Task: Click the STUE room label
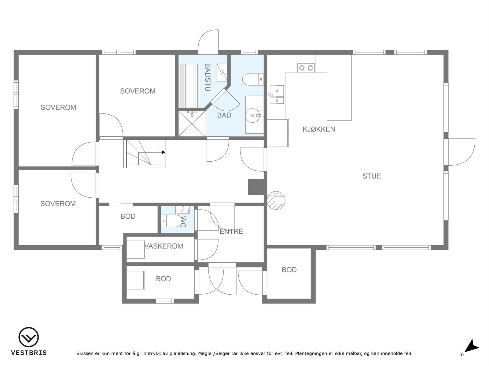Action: [371, 176]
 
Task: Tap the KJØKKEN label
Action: [319, 129]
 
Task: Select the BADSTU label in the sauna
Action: [208, 77]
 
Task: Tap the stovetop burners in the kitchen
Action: [306, 68]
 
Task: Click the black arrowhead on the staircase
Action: [164, 152]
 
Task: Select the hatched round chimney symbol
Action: [276, 200]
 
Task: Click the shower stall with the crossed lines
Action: [192, 123]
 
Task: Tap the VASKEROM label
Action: [164, 246]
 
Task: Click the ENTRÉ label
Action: [231, 231]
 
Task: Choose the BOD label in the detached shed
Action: [289, 270]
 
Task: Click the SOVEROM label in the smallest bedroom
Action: [58, 203]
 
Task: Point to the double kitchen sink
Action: [277, 95]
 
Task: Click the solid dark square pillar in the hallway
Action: [256, 187]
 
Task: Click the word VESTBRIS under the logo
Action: [29, 353]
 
